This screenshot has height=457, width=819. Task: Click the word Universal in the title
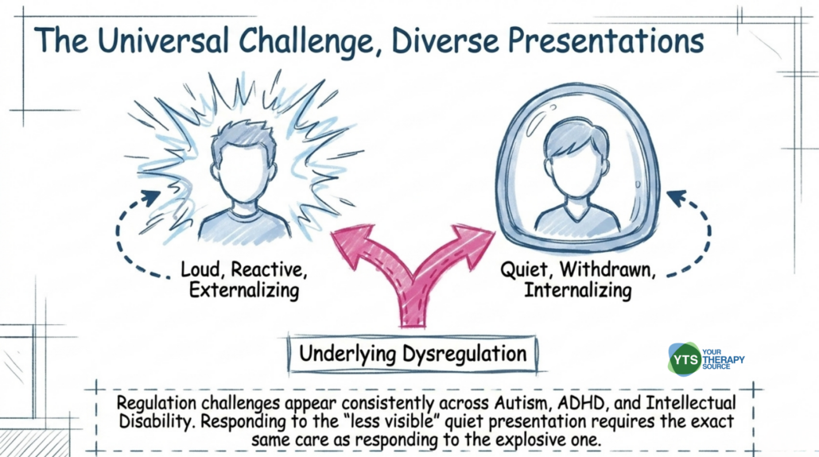click(163, 41)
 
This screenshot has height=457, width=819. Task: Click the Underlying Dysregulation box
click(413, 354)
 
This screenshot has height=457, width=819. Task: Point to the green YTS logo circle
click(685, 359)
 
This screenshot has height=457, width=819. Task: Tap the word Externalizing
click(244, 290)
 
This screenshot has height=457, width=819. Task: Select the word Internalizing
click(578, 290)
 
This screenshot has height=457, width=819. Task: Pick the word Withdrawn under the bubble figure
click(607, 270)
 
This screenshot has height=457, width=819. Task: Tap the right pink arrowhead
click(474, 241)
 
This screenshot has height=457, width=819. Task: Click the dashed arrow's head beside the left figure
click(150, 198)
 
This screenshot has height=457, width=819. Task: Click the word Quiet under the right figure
click(526, 270)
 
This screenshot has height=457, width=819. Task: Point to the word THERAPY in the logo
click(724, 360)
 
